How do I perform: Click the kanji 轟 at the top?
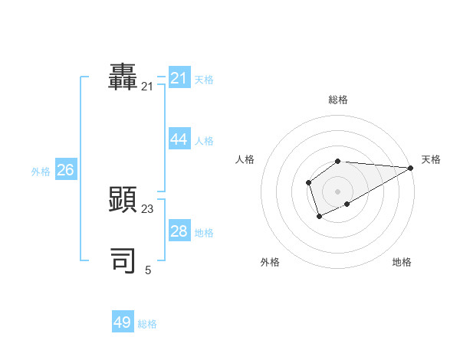(x=123, y=77)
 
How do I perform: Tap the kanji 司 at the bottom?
(x=123, y=260)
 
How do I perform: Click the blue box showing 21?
(x=179, y=78)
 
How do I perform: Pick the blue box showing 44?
(x=179, y=139)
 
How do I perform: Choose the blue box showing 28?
(x=179, y=231)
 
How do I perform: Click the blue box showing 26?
(x=66, y=170)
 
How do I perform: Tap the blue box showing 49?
(x=123, y=322)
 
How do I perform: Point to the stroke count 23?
(x=147, y=208)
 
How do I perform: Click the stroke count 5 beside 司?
(x=148, y=270)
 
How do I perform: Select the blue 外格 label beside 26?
(x=41, y=172)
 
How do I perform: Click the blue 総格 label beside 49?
(x=147, y=324)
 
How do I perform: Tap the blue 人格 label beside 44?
(x=204, y=141)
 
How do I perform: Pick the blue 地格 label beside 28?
(x=204, y=233)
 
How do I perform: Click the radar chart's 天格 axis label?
(x=431, y=159)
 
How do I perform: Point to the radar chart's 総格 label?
(x=338, y=100)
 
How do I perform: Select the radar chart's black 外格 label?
(x=270, y=262)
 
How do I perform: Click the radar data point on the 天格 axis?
(x=410, y=168)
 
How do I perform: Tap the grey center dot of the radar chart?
(x=337, y=191)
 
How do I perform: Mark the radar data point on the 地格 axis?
(x=347, y=204)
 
